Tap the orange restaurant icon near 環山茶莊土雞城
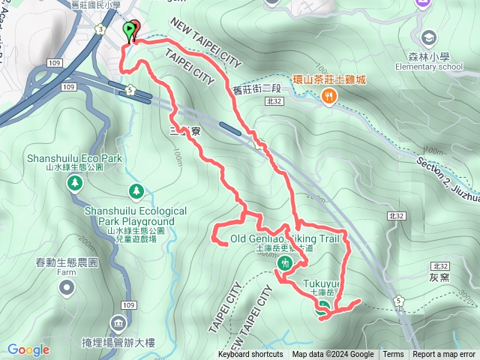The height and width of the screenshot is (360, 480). tap(328, 95)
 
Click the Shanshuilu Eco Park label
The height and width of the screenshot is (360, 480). tap(73, 159)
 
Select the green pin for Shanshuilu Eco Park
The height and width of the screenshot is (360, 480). tap(74, 184)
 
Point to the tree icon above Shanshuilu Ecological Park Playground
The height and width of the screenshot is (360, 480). tap(135, 192)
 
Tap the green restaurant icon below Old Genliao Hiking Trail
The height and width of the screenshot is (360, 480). tap(285, 263)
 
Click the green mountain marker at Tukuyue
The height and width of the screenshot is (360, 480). tap(322, 305)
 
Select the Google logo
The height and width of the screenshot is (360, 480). tap(28, 349)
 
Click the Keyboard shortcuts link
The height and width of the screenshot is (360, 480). tap(250, 355)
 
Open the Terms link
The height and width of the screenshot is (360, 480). tap(393, 355)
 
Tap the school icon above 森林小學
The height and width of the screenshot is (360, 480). tap(430, 37)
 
